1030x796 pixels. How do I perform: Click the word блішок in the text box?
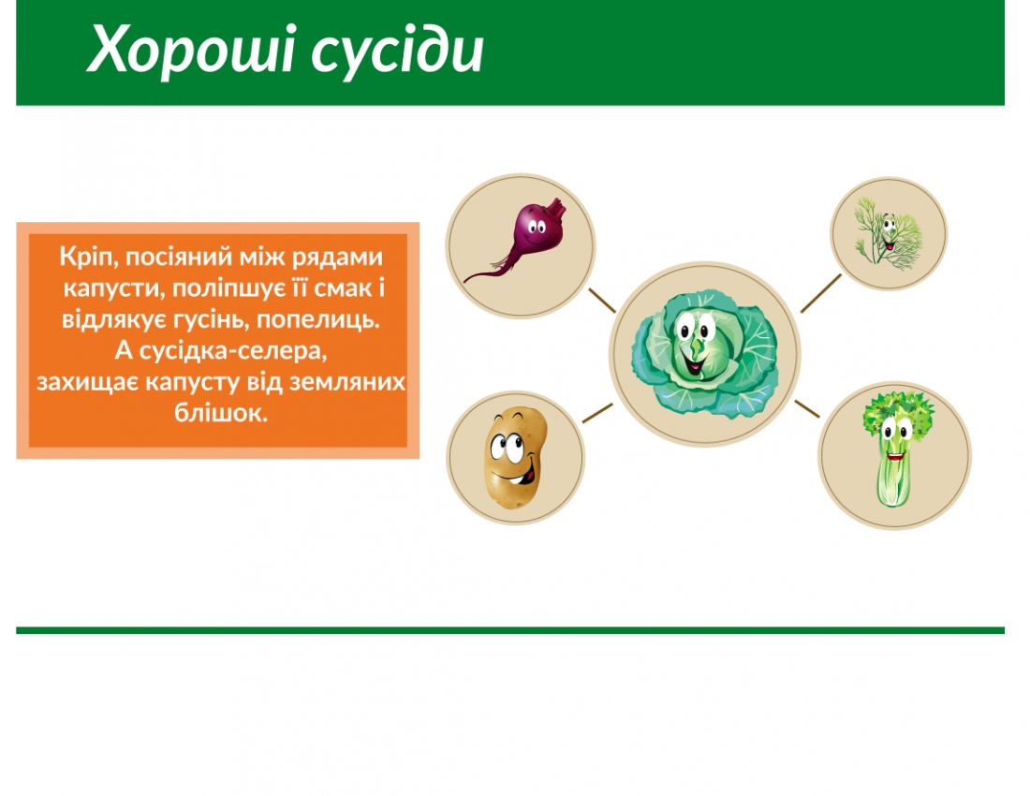coord(221,412)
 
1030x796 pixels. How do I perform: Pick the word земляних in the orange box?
coord(352,382)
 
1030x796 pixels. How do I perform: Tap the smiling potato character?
coord(511,459)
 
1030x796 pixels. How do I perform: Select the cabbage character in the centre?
coord(705,354)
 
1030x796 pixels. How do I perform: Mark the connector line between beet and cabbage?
coord(601,300)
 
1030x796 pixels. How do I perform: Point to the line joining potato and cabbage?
coord(597,413)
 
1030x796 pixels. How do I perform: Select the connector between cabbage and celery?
coord(806,408)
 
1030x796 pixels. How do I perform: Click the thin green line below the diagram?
coord(510,630)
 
